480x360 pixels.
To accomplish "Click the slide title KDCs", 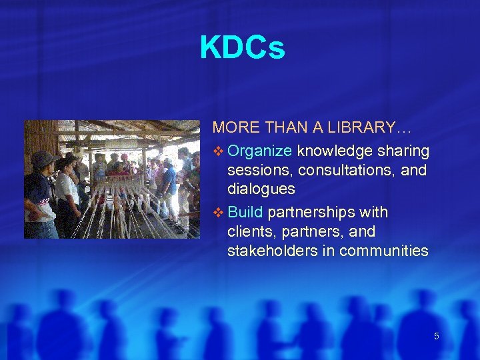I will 242,48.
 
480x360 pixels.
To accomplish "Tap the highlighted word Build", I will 247,212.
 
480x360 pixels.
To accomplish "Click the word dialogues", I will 261,189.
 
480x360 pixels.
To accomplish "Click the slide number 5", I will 437,336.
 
